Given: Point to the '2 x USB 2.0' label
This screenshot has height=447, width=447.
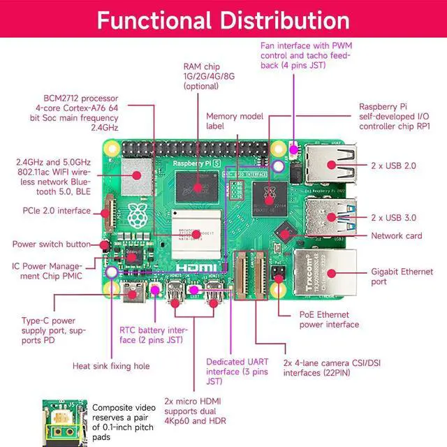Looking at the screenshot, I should (x=394, y=166).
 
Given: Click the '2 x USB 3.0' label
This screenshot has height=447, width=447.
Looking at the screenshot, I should (x=394, y=217).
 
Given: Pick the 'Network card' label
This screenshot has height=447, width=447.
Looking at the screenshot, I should (x=396, y=236).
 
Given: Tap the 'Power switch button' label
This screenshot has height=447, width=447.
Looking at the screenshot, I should (x=51, y=244).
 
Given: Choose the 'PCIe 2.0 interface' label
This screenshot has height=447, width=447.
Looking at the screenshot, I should (x=57, y=211).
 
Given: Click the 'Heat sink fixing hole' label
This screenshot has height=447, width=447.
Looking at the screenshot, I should (x=111, y=365).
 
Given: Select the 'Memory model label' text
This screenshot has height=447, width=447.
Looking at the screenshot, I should (x=234, y=122).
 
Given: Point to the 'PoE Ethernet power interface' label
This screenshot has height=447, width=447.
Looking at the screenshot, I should (x=329, y=319).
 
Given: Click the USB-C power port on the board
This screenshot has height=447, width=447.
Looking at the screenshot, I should (x=133, y=294).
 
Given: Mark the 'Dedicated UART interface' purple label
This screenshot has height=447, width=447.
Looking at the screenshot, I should (x=237, y=372).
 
